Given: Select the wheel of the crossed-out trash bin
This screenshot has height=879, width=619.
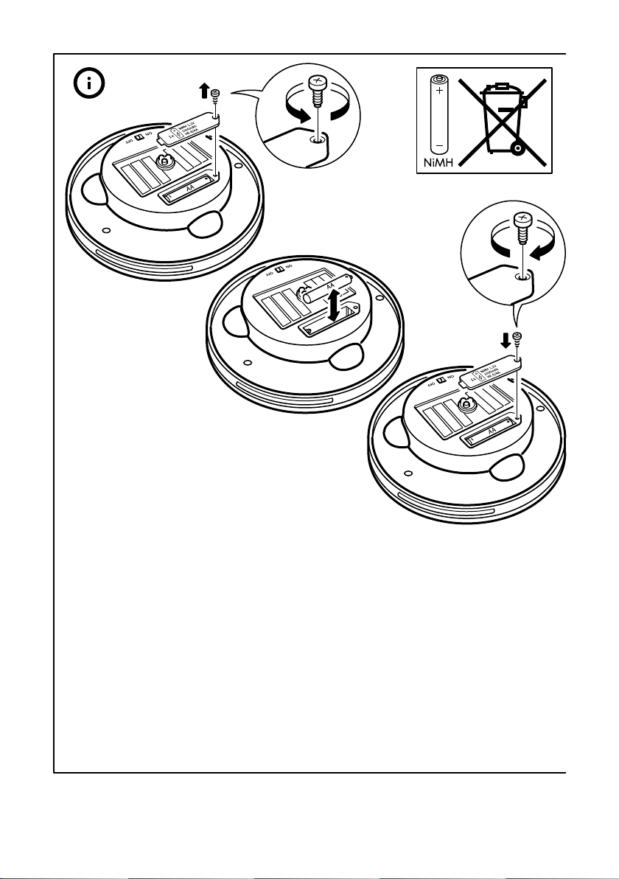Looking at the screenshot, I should (x=517, y=148).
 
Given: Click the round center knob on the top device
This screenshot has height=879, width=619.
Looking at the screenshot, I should (x=164, y=161).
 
